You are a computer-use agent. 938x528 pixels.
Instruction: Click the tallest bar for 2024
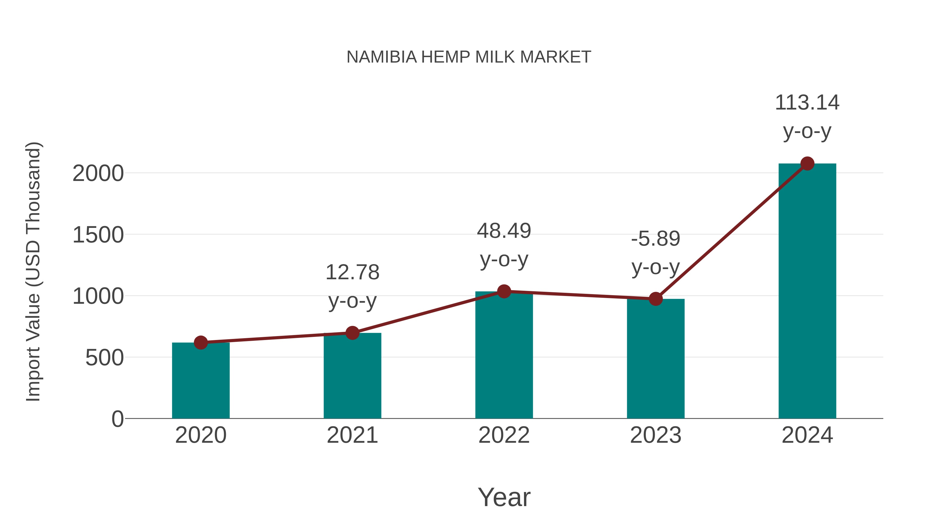click(807, 292)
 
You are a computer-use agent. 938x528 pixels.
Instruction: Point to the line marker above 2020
click(201, 343)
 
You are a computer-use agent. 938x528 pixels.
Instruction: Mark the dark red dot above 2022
click(504, 291)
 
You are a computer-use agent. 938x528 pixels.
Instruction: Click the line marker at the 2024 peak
click(807, 163)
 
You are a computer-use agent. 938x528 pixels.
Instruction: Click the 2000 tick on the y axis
click(98, 173)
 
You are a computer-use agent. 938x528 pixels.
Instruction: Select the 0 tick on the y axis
click(117, 419)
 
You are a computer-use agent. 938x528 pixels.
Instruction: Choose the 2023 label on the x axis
click(656, 435)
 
